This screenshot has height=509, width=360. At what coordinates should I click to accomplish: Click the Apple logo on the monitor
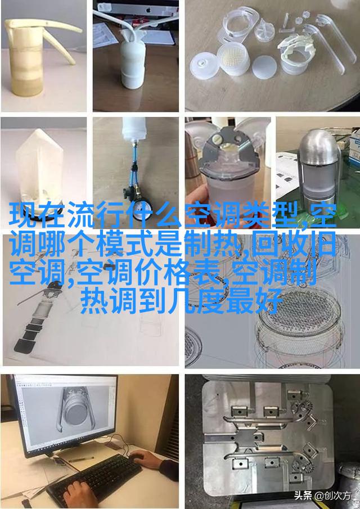point(148,10)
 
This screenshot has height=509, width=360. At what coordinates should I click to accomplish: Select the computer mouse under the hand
point(137,456)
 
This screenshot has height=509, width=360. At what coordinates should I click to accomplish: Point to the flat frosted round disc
point(264,67)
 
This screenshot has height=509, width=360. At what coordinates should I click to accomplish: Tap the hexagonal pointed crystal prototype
point(39,168)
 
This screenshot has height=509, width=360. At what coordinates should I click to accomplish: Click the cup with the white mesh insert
point(232,60)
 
